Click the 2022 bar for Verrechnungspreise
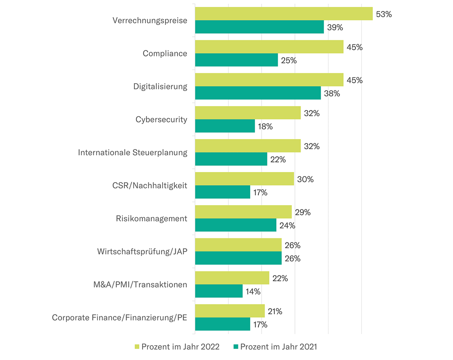(x=283, y=14)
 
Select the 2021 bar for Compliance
(x=236, y=60)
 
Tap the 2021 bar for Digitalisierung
(x=258, y=93)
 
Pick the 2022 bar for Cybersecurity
(x=248, y=113)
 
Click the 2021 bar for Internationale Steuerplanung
(x=231, y=159)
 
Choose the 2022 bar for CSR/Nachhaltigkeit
(x=244, y=179)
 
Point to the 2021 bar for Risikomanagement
(x=236, y=225)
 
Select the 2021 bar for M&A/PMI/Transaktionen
(x=219, y=291)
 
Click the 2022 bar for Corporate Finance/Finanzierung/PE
(x=230, y=311)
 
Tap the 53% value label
(x=384, y=14)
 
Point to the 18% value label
(x=265, y=127)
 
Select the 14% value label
(x=253, y=292)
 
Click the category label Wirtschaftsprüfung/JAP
(x=142, y=251)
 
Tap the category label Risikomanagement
(x=152, y=218)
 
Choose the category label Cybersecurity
(x=161, y=119)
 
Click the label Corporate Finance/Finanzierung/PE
(x=120, y=317)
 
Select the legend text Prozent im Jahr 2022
(x=180, y=347)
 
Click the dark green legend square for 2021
(x=236, y=347)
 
